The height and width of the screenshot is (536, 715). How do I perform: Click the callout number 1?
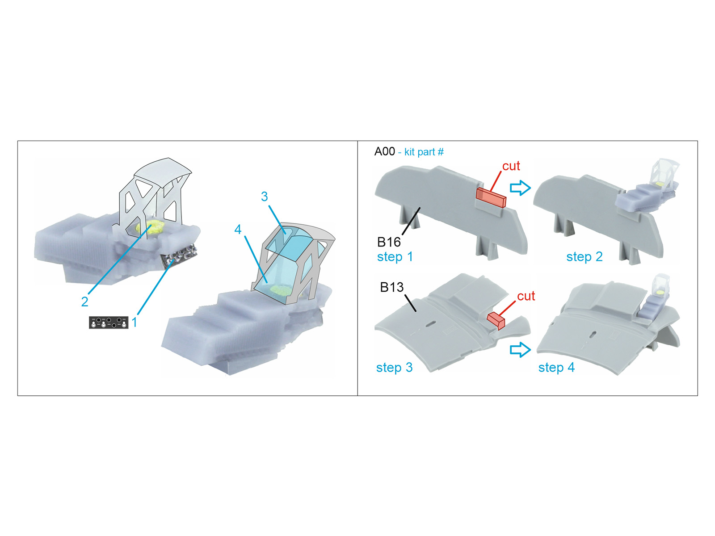tap(135, 322)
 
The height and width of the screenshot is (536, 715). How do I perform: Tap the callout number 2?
tap(84, 302)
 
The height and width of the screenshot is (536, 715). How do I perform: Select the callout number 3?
tap(265, 197)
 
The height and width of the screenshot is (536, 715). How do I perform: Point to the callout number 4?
tap(238, 230)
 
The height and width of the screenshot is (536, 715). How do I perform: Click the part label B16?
tap(389, 242)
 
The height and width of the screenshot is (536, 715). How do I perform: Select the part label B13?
tap(391, 287)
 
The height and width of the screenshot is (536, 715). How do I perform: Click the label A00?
tap(384, 152)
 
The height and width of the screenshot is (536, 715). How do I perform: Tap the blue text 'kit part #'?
tap(424, 152)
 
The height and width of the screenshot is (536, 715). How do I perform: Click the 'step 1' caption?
tap(395, 257)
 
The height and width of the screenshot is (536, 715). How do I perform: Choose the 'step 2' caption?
tap(585, 257)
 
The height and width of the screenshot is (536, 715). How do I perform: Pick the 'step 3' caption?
tap(394, 368)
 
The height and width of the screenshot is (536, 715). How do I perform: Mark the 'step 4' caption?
tap(556, 368)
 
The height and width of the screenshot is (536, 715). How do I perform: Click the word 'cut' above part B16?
tap(511, 166)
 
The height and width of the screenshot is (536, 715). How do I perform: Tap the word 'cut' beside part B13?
tap(526, 296)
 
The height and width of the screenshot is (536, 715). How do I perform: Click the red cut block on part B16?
tap(491, 197)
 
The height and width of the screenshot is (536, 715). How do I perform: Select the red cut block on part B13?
tap(496, 320)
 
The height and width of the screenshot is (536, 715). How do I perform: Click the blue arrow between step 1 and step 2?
tap(520, 188)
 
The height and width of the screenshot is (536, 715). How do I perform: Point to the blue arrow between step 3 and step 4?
tap(520, 349)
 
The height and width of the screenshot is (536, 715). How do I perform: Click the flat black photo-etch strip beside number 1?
tap(109, 322)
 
